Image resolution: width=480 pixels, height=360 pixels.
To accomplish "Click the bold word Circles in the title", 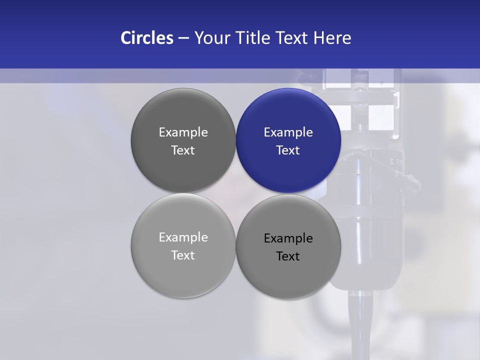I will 147,38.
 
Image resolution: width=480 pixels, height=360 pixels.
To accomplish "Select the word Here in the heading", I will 332,38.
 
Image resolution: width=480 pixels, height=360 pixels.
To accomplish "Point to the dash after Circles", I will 183,38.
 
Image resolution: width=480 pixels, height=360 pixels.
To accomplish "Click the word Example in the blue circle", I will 288,132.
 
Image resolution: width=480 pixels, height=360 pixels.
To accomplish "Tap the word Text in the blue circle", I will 288,150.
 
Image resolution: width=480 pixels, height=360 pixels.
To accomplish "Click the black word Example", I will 288,238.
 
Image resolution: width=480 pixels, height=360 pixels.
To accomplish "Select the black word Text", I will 288,256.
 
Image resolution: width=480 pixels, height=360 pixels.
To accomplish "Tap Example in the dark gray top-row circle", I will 183,132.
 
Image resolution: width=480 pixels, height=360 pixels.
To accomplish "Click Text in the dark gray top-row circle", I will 183,150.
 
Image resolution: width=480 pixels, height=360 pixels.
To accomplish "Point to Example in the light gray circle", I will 183,237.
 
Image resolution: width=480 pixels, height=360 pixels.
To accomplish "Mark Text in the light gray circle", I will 183,255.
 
